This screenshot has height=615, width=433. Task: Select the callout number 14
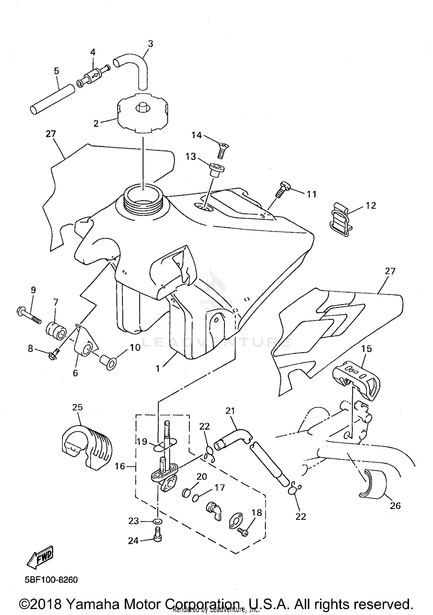click(197, 135)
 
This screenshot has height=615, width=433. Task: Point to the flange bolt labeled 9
click(28, 316)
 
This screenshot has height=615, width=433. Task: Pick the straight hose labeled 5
click(52, 99)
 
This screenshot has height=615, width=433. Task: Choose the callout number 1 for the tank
click(158, 369)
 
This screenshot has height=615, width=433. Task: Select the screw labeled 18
click(243, 532)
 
